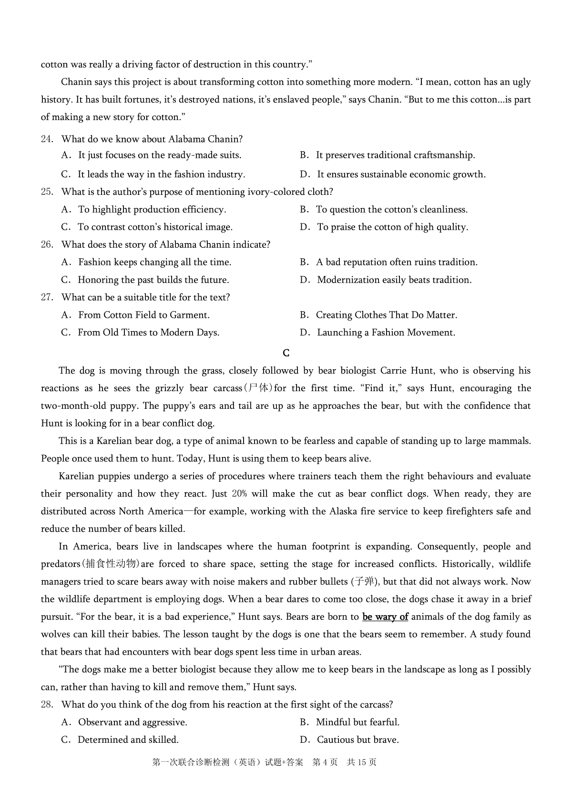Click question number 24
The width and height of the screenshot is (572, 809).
coord(46,139)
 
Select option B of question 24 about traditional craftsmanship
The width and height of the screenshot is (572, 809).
coord(395,155)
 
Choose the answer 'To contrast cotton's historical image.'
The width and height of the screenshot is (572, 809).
coord(155,227)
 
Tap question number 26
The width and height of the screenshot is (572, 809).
coord(46,245)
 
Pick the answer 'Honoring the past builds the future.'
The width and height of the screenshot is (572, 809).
coord(153,280)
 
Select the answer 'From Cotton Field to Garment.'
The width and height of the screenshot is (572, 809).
coord(143,315)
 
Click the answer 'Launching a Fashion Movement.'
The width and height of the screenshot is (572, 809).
coord(386,333)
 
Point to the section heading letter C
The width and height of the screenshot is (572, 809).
coord(286,353)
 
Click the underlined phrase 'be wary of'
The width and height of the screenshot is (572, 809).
coord(385,617)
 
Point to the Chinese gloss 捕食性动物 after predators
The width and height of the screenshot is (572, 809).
coord(111,564)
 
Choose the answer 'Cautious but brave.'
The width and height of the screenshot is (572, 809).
coord(357,740)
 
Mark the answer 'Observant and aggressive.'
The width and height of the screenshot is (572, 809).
coord(133,723)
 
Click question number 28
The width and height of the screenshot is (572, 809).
coord(46,705)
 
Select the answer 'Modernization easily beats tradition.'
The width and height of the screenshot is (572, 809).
coord(394,280)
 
